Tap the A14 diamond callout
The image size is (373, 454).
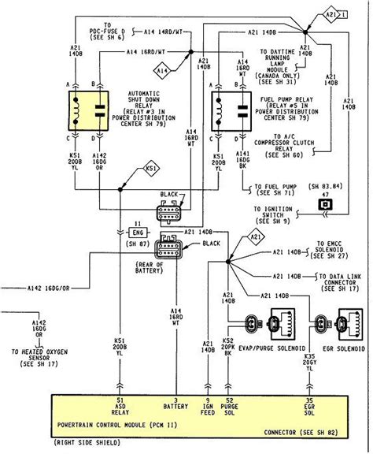coord(161,72)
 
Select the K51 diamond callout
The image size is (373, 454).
coord(150,169)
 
